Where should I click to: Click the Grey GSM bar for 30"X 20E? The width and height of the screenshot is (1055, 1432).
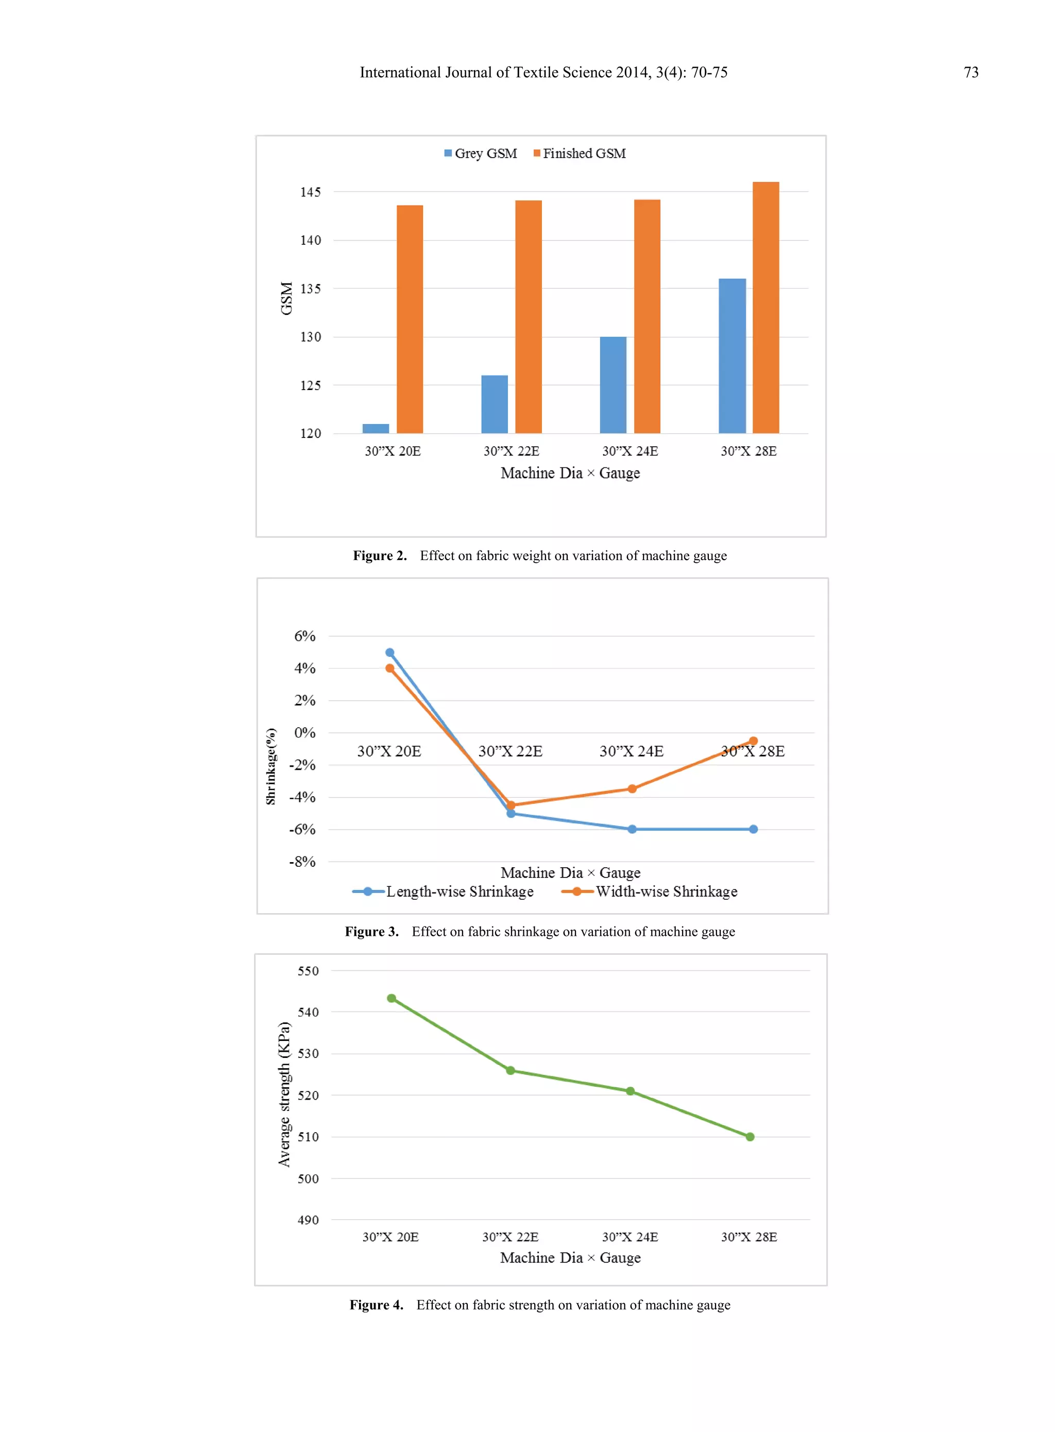376,429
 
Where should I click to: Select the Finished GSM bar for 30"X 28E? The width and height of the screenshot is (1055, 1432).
765,307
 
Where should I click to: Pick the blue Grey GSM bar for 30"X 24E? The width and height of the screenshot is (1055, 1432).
613,384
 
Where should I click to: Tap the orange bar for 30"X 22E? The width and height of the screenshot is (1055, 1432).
528,317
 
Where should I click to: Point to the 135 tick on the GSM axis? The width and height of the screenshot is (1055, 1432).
310,289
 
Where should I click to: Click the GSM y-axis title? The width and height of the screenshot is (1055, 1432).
286,298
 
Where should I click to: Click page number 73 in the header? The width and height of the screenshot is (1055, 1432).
971,72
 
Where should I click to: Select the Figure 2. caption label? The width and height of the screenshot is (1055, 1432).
379,555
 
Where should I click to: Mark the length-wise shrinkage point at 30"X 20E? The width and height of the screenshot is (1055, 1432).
389,653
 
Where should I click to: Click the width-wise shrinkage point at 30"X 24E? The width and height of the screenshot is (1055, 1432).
632,789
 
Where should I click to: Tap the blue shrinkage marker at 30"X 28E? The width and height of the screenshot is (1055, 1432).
753,829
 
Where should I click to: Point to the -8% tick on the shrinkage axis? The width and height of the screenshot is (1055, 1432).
302,862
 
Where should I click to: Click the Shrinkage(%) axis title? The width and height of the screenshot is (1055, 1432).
271,766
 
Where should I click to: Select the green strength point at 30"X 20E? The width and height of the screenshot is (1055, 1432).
392,998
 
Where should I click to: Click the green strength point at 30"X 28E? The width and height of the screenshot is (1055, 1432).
750,1137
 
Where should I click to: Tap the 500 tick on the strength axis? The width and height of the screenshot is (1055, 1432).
308,1178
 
